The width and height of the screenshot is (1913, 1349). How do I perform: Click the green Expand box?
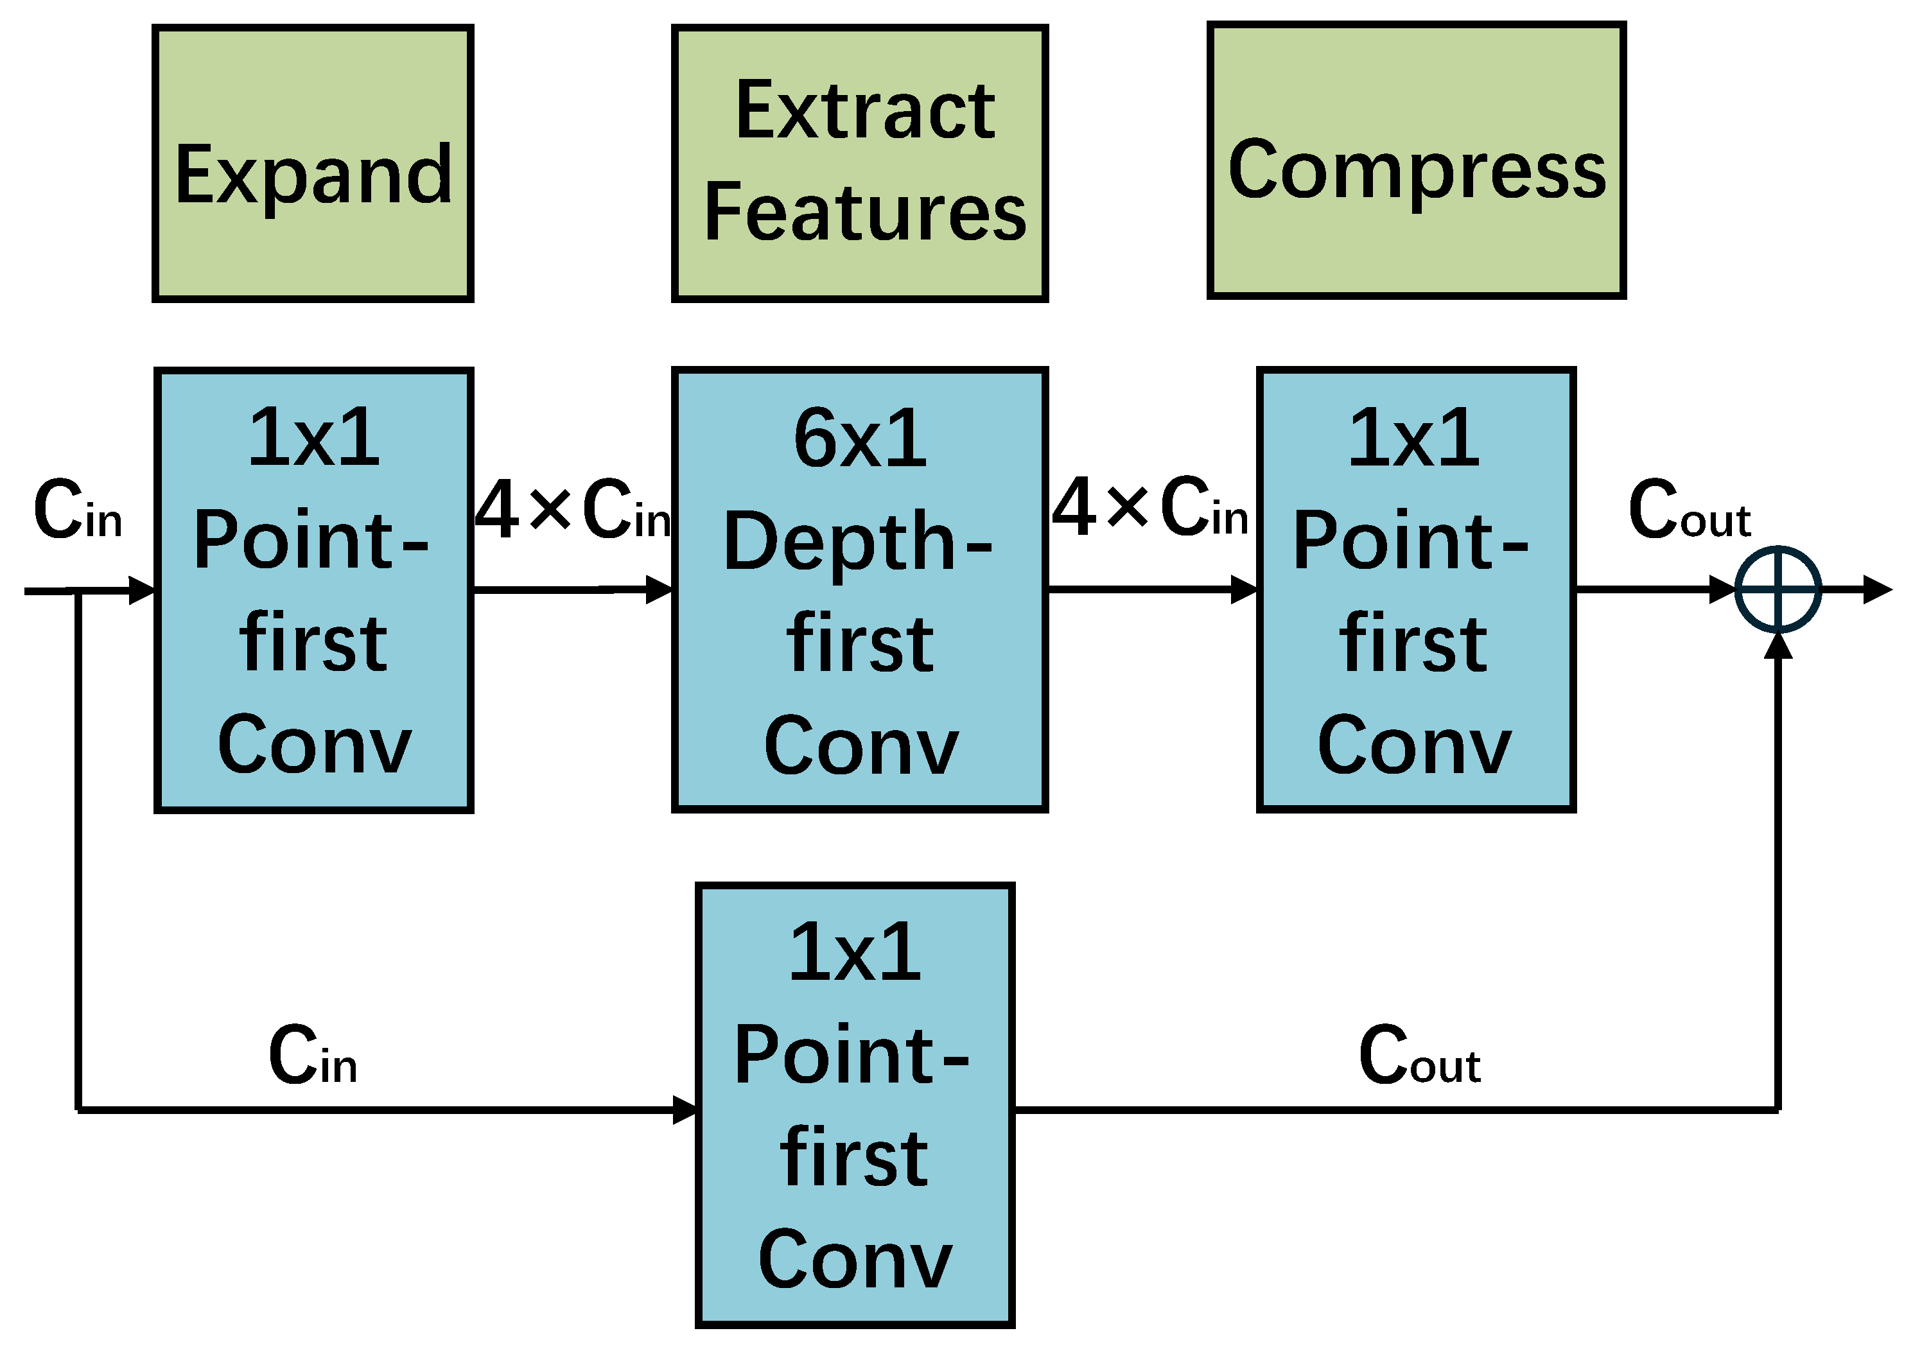tap(313, 163)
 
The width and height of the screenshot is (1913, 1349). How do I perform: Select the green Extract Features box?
tap(859, 163)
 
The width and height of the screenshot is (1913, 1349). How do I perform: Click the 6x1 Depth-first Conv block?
tap(859, 590)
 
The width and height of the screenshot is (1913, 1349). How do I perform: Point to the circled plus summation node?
tap(1778, 590)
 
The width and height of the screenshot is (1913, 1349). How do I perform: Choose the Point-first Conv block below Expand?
tap(313, 590)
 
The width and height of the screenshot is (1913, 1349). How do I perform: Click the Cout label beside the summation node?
tap(1689, 510)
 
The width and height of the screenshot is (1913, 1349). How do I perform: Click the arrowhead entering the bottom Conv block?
tap(685, 1110)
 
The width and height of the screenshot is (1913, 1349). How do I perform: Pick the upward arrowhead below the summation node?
tap(1778, 647)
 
